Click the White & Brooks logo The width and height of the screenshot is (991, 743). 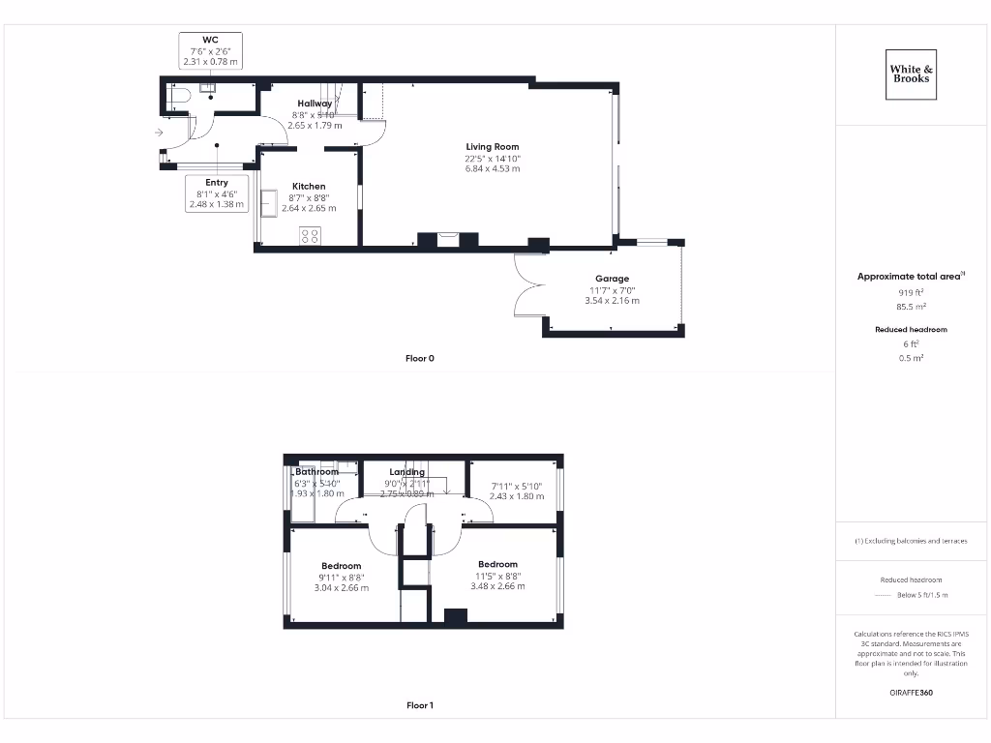912,74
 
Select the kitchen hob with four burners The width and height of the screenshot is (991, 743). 310,235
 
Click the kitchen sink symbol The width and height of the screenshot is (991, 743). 268,201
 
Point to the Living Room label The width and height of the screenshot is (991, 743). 492,147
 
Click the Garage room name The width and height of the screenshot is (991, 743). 612,279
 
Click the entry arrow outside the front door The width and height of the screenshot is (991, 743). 158,133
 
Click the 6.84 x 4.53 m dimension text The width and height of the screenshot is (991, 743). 492,168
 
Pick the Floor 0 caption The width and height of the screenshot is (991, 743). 419,359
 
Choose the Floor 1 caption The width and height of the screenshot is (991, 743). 419,706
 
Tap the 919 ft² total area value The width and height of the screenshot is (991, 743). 910,291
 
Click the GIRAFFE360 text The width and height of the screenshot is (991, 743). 910,693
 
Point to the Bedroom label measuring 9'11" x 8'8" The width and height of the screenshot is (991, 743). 341,566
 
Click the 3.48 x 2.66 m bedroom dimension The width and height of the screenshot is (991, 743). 497,586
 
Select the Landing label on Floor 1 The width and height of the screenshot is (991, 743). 406,472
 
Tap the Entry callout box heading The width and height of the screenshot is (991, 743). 217,182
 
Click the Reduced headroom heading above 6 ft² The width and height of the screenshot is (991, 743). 911,330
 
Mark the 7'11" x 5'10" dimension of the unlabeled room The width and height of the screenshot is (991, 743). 516,486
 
